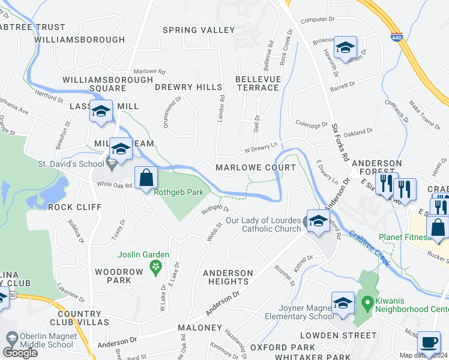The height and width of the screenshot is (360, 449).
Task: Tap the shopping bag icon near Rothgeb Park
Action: [x=146, y=178]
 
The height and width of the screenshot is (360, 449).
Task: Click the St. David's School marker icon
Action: [x=112, y=161]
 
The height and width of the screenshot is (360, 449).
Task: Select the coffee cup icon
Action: [x=429, y=343]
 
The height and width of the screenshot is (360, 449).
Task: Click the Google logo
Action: [x=20, y=353]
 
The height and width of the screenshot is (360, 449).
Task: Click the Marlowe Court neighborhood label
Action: [x=256, y=167]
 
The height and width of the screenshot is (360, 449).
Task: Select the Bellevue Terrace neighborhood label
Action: [x=257, y=83]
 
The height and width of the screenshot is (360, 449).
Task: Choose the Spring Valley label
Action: [x=199, y=30]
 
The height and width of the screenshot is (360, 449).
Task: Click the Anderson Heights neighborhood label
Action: [x=228, y=277]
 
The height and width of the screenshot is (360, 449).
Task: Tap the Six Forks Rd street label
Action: [x=341, y=142]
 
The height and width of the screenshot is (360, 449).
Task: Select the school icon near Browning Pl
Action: [x=345, y=47]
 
